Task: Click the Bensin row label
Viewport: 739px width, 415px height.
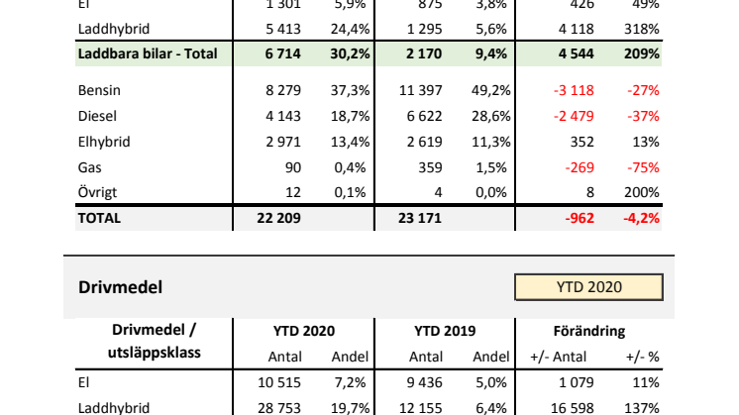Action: coord(98,91)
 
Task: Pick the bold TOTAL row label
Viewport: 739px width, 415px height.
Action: coord(99,218)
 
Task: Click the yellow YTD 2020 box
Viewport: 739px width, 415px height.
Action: coord(588,287)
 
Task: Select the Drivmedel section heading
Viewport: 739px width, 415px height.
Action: coord(120,287)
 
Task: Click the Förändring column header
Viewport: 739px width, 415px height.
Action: coord(588,331)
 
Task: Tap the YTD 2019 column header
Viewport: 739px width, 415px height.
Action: coord(445,331)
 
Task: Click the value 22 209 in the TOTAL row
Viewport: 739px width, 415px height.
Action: coord(279,218)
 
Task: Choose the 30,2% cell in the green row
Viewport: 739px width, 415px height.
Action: coord(344,52)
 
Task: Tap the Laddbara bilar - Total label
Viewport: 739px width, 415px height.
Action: coord(147,52)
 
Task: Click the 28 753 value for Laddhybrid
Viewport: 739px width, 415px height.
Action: coord(281,406)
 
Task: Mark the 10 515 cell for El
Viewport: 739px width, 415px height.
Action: coord(281,381)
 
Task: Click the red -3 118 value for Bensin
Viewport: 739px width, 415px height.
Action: coord(573,91)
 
